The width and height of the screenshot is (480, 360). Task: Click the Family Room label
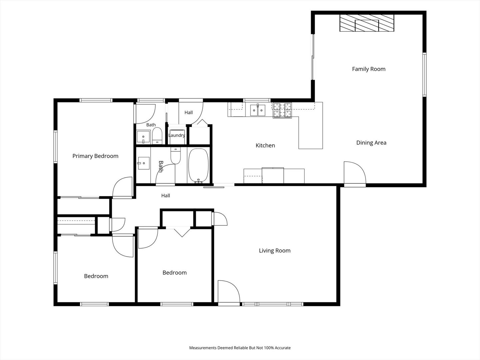(369, 69)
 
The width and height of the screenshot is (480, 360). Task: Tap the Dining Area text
(371, 143)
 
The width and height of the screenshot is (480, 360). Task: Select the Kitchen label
(265, 145)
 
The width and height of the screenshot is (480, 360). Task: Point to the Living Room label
(275, 250)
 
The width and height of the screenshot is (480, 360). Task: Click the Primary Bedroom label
(95, 156)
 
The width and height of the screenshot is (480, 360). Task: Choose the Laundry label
(177, 135)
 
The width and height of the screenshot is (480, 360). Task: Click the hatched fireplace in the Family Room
(367, 23)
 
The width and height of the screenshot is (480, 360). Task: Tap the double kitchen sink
(258, 110)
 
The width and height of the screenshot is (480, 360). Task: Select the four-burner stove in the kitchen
(282, 110)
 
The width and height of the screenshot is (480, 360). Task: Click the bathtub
(198, 165)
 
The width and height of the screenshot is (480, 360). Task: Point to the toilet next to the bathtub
(176, 156)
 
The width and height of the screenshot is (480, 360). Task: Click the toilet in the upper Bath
(157, 136)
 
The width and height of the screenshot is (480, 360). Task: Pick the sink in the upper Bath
(143, 137)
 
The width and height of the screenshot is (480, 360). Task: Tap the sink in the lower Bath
(143, 163)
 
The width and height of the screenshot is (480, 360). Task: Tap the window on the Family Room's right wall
(424, 75)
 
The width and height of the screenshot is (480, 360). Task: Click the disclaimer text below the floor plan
(240, 348)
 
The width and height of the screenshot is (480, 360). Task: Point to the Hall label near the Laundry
(189, 113)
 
